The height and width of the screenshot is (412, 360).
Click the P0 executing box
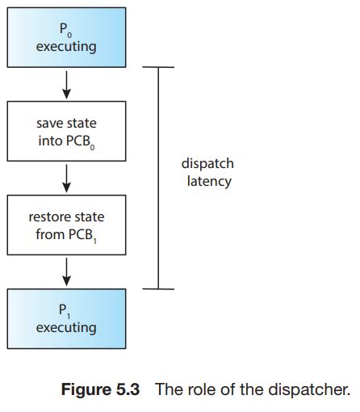[66, 38]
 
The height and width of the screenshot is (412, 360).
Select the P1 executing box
[66, 318]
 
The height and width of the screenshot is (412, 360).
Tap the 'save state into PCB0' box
[66, 132]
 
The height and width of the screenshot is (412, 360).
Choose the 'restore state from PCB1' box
[66, 225]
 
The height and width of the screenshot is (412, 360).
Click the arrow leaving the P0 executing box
[66, 83]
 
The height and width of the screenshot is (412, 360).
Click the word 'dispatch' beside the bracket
[207, 164]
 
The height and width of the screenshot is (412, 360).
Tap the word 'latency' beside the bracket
[207, 181]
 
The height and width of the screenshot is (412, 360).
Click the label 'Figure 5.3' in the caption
[101, 390]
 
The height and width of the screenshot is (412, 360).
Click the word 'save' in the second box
[51, 123]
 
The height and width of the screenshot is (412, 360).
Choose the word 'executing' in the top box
[66, 47]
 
